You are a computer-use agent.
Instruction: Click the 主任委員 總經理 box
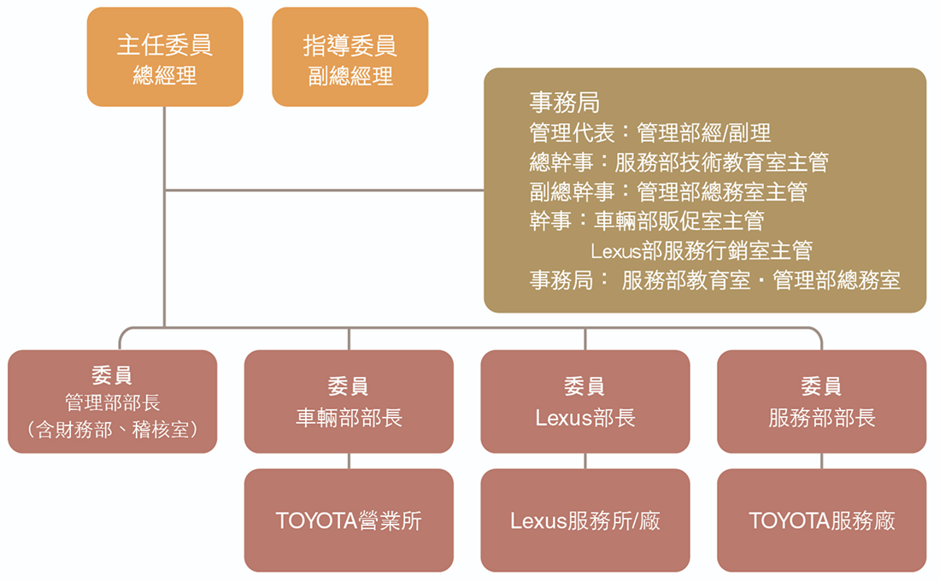(x=165, y=57)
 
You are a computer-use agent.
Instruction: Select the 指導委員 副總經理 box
(x=350, y=57)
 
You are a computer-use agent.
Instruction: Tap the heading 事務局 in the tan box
(x=564, y=103)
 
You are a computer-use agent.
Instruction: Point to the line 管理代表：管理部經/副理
(x=649, y=132)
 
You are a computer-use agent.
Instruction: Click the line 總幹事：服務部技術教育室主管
(x=679, y=161)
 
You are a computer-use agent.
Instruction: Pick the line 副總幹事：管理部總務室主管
(x=667, y=191)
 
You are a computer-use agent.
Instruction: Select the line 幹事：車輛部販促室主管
(x=646, y=220)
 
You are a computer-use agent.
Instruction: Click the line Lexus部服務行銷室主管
(x=701, y=250)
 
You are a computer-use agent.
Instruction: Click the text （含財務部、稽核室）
(x=112, y=430)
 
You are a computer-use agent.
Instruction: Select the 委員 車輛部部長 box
(x=349, y=402)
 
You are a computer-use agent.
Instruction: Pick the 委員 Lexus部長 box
(x=585, y=402)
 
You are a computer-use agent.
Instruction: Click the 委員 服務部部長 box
(x=821, y=402)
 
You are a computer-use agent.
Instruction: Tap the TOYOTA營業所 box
(x=349, y=520)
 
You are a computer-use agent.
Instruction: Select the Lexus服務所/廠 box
(x=585, y=520)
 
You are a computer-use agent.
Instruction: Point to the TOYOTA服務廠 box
(x=821, y=520)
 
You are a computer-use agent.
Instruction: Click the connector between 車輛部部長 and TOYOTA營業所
(x=349, y=461)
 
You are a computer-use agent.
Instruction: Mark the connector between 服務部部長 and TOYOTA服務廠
(x=821, y=461)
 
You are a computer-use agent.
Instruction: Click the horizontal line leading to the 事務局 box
(x=325, y=190)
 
